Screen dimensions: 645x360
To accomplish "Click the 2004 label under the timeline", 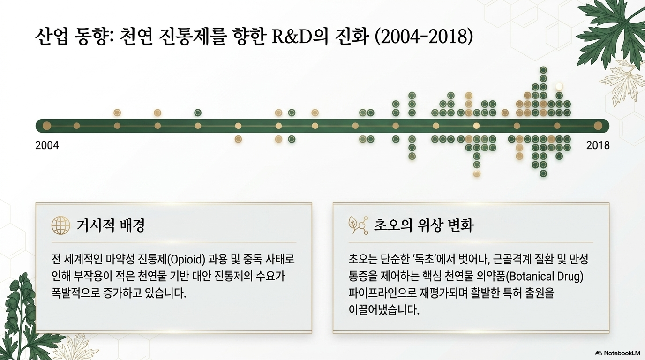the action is click(x=47, y=145).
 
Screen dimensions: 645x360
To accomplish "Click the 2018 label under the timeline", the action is click(x=598, y=145).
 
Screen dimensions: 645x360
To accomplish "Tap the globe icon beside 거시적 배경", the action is click(x=61, y=225).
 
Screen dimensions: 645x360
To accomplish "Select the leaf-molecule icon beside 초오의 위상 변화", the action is click(x=358, y=225).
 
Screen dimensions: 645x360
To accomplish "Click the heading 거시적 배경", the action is click(x=110, y=225).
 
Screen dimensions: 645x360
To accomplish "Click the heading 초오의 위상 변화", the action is click(x=424, y=225).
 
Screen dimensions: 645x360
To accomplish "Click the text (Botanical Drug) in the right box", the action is click(x=544, y=277).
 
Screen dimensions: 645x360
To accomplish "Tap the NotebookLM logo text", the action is click(x=622, y=353).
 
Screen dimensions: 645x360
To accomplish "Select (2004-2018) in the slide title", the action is click(x=424, y=37).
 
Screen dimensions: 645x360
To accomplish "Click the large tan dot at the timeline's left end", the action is click(x=47, y=126).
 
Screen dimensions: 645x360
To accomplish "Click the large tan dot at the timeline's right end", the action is click(x=598, y=126).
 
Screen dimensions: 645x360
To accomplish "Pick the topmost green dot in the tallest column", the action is click(x=543, y=70).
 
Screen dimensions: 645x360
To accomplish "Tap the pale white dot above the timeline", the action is click(x=559, y=86).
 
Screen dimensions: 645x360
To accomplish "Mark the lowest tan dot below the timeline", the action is click(x=477, y=173).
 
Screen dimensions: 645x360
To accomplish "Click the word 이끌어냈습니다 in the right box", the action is click(x=384, y=310).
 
